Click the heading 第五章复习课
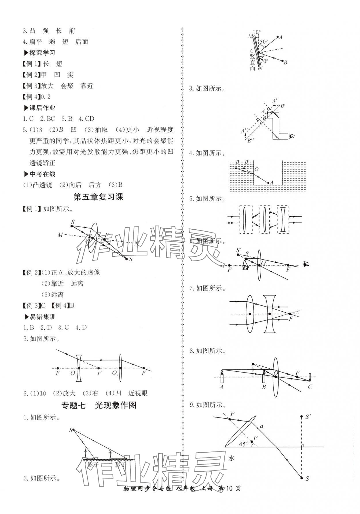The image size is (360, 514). [98, 197]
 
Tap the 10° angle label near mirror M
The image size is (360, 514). [257, 32]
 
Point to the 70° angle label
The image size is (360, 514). [264, 61]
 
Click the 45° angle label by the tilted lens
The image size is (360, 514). [243, 444]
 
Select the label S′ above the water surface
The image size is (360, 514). [308, 417]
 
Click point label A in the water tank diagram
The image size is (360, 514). [271, 183]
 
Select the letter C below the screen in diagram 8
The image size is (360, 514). [310, 387]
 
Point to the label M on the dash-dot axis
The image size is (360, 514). [60, 235]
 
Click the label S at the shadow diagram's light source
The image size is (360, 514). [71, 430]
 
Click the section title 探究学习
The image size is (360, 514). [42, 53]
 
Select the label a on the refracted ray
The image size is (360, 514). [261, 426]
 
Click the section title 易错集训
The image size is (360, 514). [43, 317]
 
